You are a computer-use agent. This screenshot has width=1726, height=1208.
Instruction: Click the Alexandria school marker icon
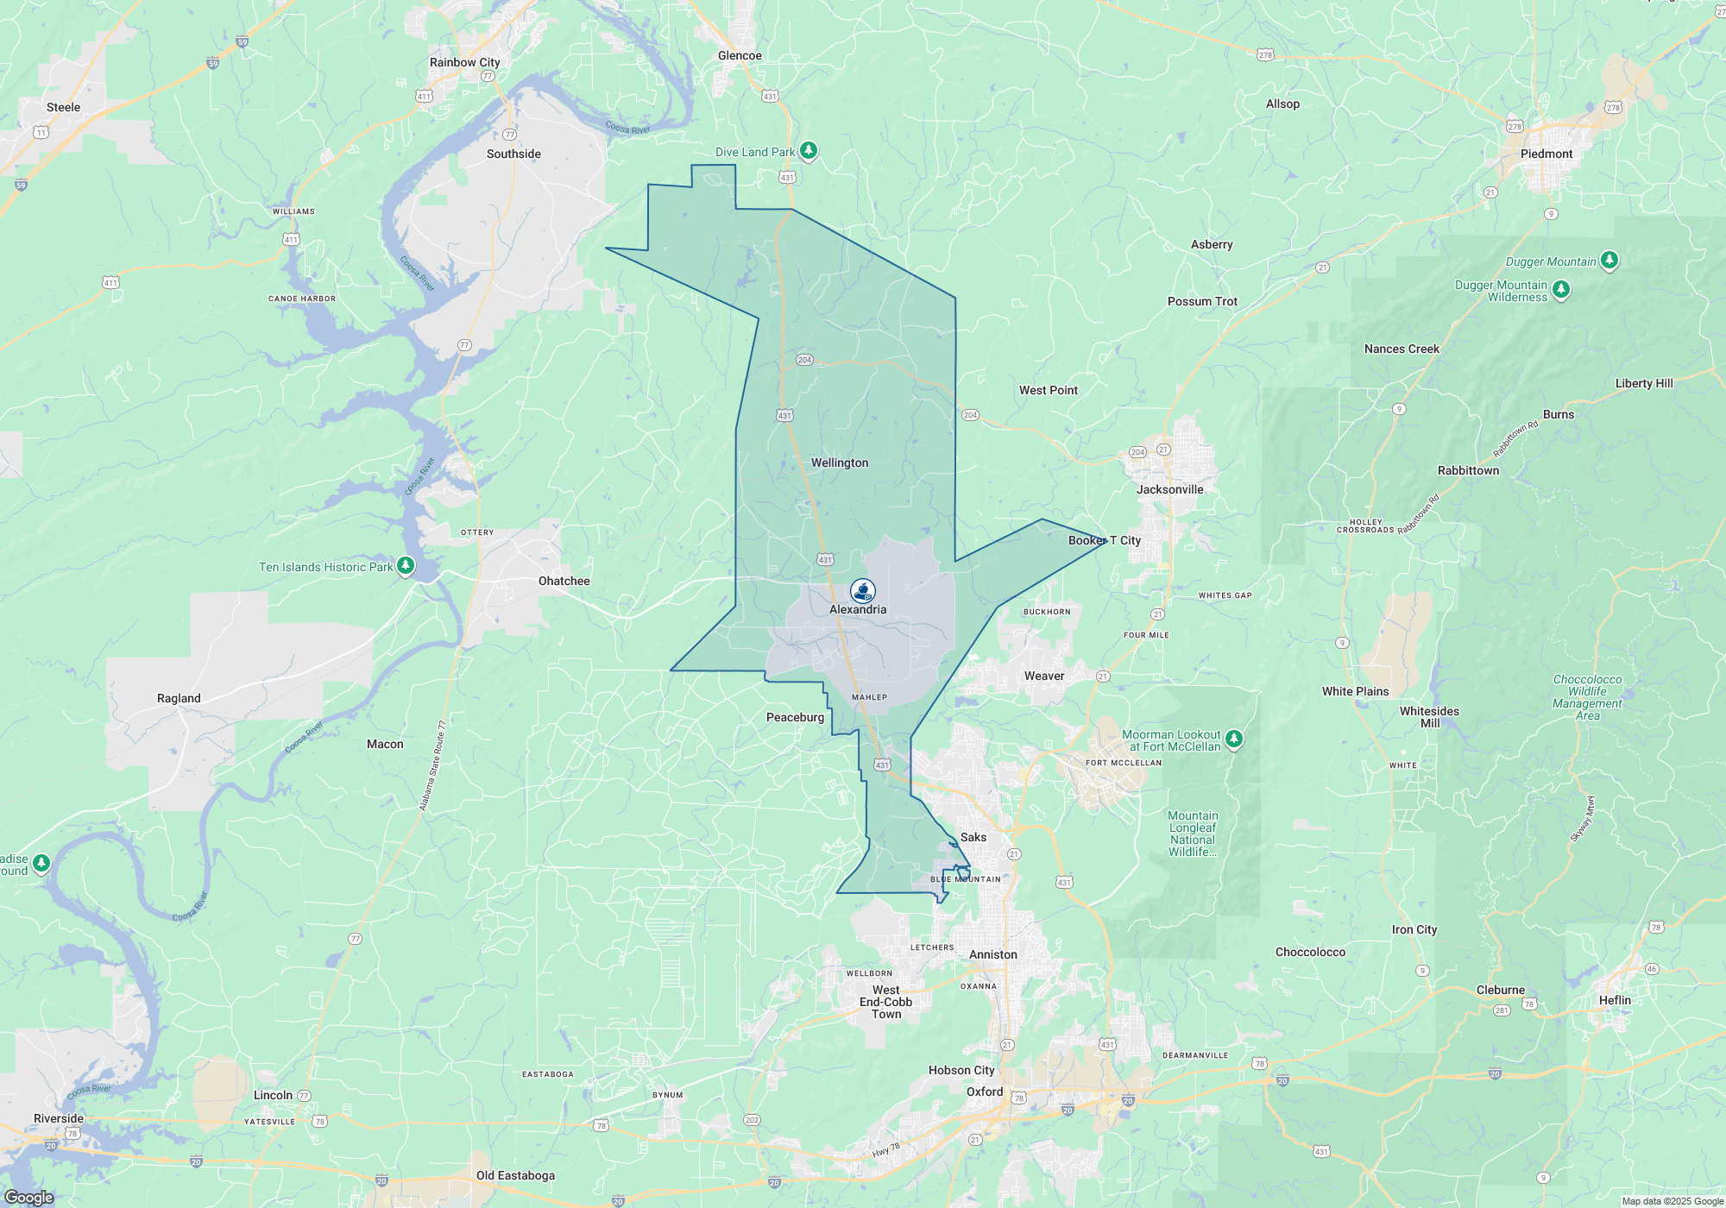coord(862,590)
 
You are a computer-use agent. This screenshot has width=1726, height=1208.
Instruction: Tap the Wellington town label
coord(840,463)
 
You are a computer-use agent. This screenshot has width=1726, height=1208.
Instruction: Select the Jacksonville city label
coord(1169,490)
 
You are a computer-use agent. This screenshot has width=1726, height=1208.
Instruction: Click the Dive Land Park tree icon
coord(809,151)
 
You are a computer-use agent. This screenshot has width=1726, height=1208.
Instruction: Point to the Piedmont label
coord(1546,154)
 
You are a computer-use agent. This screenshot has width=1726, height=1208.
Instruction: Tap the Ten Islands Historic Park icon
coord(406,566)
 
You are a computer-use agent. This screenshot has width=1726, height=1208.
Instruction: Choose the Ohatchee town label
coord(564,582)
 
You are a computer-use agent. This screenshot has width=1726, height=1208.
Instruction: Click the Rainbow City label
coord(464,63)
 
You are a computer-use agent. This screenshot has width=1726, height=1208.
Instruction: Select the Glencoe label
coord(740,56)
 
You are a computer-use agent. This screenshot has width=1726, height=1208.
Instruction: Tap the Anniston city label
coord(992,955)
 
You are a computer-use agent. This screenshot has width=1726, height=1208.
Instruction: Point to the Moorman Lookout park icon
coord(1234,738)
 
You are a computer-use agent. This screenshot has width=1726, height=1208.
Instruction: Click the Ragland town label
coord(179,699)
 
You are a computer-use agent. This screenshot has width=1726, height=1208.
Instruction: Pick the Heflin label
coord(1615,1001)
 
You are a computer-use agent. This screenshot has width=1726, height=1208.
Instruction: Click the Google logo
coord(28,1198)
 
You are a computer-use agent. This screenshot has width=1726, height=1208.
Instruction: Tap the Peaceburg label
coord(795,718)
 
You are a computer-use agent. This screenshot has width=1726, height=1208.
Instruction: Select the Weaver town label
coord(1044,676)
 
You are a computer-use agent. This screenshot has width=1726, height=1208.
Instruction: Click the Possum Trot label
coord(1202,302)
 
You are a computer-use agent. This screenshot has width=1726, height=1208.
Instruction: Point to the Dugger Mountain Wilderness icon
coord(1560,290)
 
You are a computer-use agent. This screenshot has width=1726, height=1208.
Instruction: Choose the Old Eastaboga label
coord(515,1176)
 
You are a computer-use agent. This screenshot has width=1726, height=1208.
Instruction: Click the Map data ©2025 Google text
coord(1672,1201)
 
